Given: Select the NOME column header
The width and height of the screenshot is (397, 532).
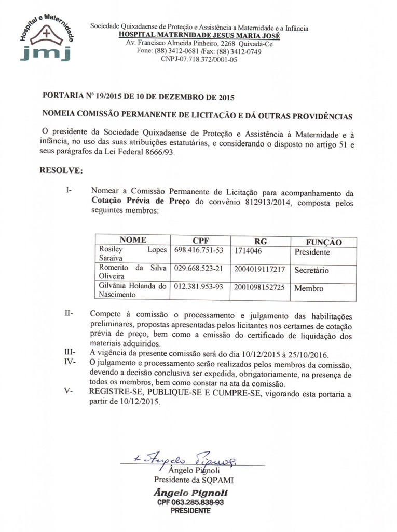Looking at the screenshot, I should (x=133, y=241).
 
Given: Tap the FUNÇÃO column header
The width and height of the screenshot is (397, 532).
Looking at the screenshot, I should (x=324, y=242).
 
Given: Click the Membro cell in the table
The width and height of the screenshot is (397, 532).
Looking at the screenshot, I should (x=309, y=288).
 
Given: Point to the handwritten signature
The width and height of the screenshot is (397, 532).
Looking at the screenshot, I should (x=189, y=458).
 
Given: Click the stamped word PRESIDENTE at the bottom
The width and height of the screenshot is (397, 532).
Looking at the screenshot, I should (x=190, y=511).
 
